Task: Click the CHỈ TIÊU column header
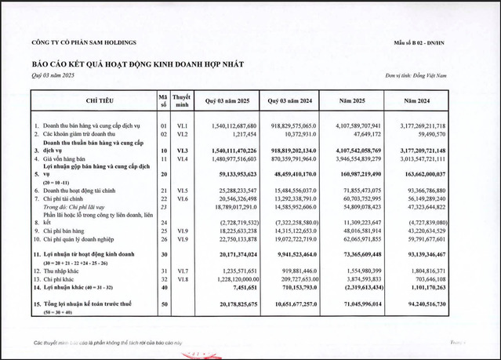point(92,101)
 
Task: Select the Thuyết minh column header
point(181,101)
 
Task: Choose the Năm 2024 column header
point(423,101)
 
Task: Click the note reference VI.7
point(181,270)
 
